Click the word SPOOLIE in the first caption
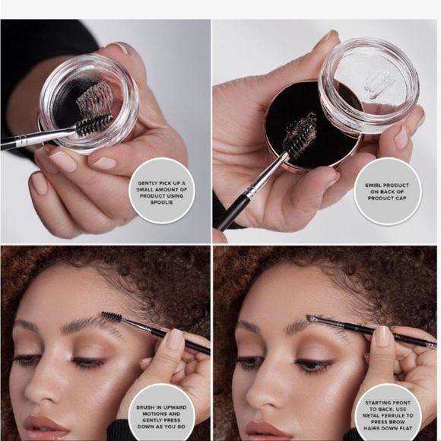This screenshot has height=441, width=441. click(x=162, y=202)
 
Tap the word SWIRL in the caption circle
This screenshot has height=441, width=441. click(x=374, y=186)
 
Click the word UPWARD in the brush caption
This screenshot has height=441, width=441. click(x=176, y=408)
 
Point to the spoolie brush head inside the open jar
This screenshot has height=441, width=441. click(x=94, y=125)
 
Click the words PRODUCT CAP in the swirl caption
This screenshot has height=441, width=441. click(x=387, y=198)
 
